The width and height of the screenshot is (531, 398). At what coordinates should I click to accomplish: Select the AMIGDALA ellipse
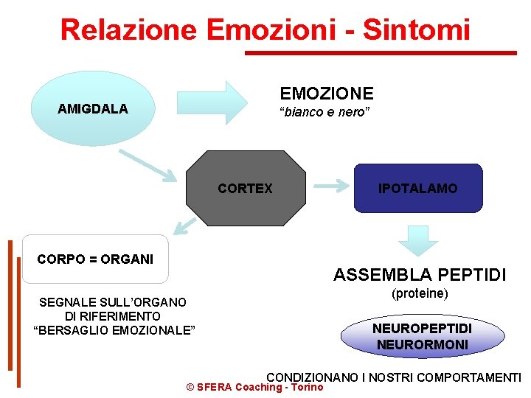click(x=92, y=109)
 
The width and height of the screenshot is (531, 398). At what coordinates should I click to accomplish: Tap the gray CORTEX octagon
click(x=245, y=188)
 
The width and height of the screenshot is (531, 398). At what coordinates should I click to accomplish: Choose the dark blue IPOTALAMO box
click(x=417, y=188)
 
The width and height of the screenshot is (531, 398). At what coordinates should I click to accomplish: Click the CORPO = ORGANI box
click(x=95, y=259)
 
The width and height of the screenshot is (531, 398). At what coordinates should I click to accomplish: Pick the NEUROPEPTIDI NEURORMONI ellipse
click(x=422, y=336)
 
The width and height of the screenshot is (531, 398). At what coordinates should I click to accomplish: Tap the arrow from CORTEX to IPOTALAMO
click(x=331, y=186)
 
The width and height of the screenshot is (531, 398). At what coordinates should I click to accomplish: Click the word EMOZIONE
click(x=327, y=94)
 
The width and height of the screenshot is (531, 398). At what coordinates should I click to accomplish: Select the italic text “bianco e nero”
click(x=324, y=112)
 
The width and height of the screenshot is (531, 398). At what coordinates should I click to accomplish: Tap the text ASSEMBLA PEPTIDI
click(x=420, y=275)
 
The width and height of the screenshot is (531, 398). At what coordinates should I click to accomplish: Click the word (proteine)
click(x=420, y=293)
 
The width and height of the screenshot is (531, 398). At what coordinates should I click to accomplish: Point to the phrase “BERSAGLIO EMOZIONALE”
click(x=115, y=329)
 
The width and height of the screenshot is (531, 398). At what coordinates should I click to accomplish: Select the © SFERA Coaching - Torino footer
click(x=254, y=387)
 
